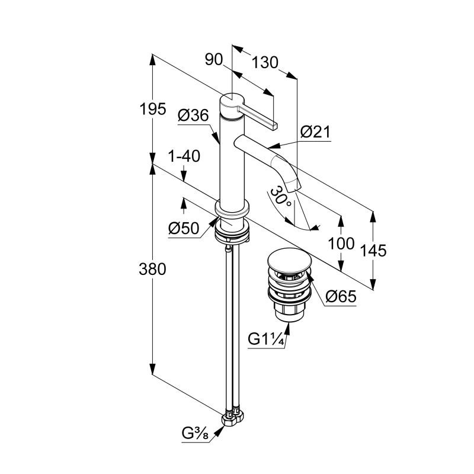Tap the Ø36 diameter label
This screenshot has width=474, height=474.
pyautogui.click(x=193, y=116)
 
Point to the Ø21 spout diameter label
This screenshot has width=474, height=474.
pyautogui.click(x=315, y=132)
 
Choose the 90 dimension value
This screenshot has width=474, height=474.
pyautogui.click(x=213, y=59)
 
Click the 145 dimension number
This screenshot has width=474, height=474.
pyautogui.click(x=373, y=250)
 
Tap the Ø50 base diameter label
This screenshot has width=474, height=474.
pyautogui.click(x=183, y=228)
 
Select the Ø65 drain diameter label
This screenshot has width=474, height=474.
pyautogui.click(x=341, y=296)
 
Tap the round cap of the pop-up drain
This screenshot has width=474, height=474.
pyautogui.click(x=287, y=260)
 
